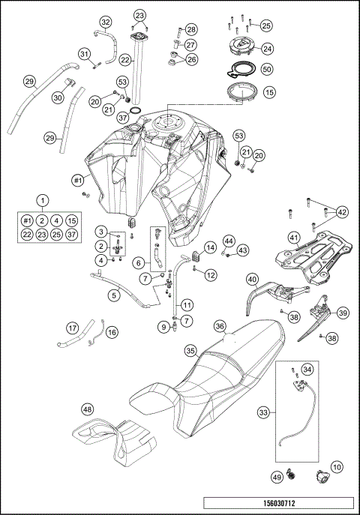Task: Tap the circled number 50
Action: (x=266, y=68)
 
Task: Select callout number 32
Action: (x=106, y=21)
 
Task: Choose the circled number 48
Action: (x=88, y=409)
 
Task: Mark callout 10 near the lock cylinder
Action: (x=337, y=467)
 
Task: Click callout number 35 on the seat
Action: (x=191, y=350)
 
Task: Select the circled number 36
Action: (x=220, y=326)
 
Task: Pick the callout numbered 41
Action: (x=295, y=238)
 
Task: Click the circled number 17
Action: (x=72, y=328)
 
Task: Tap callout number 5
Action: (x=114, y=295)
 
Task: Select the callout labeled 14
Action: (x=210, y=246)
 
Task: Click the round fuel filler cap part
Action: (x=242, y=48)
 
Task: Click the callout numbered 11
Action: (x=187, y=304)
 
